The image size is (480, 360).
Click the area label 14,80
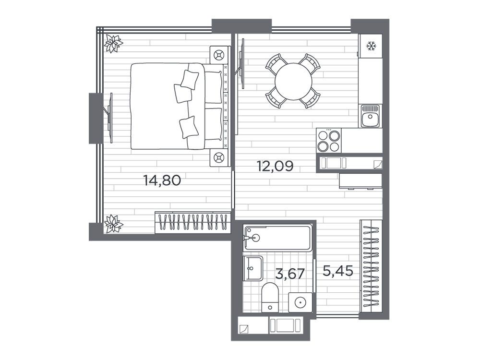pyautogui.click(x=162, y=180)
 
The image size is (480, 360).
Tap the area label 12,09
pyautogui.click(x=275, y=166)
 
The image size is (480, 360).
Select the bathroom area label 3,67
pyautogui.click(x=290, y=274)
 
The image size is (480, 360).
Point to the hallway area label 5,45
pyautogui.click(x=338, y=271)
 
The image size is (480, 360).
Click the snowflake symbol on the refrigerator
pyautogui.click(x=372, y=47)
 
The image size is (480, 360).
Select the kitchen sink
pyautogui.click(x=370, y=116)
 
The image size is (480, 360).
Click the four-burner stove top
pyautogui.click(x=329, y=141)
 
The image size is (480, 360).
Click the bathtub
pyautogui.click(x=278, y=238)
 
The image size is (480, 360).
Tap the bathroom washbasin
pyautogui.click(x=253, y=268)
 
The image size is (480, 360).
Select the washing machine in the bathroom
pyautogui.click(x=300, y=302)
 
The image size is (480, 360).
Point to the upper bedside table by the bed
pyautogui.click(x=219, y=55)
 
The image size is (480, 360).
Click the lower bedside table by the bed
pyautogui.click(x=219, y=157)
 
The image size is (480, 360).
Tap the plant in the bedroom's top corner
pyautogui.click(x=113, y=44)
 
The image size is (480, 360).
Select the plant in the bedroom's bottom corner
pyautogui.click(x=113, y=224)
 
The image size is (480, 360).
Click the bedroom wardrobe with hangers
pyautogui.click(x=192, y=223)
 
